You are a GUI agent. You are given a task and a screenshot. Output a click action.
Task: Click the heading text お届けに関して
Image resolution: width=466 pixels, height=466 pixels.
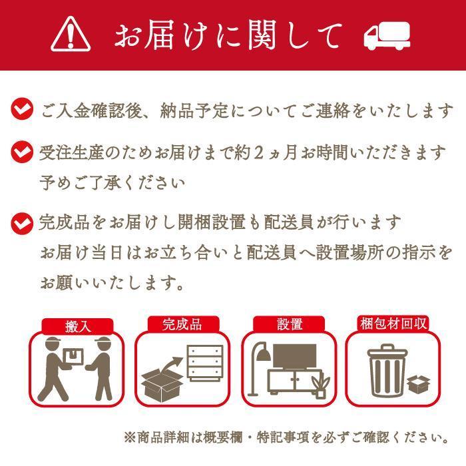click(228, 34)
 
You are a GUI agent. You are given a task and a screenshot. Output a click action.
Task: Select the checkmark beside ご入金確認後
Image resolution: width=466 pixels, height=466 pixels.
click(23, 109)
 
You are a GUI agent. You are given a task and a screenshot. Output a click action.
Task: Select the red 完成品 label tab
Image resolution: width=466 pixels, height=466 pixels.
click(182, 325)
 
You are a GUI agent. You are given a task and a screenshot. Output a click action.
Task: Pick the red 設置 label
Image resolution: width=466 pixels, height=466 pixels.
click(290, 325)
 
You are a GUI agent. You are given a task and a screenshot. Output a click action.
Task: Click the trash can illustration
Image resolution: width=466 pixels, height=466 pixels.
click(386, 371)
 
